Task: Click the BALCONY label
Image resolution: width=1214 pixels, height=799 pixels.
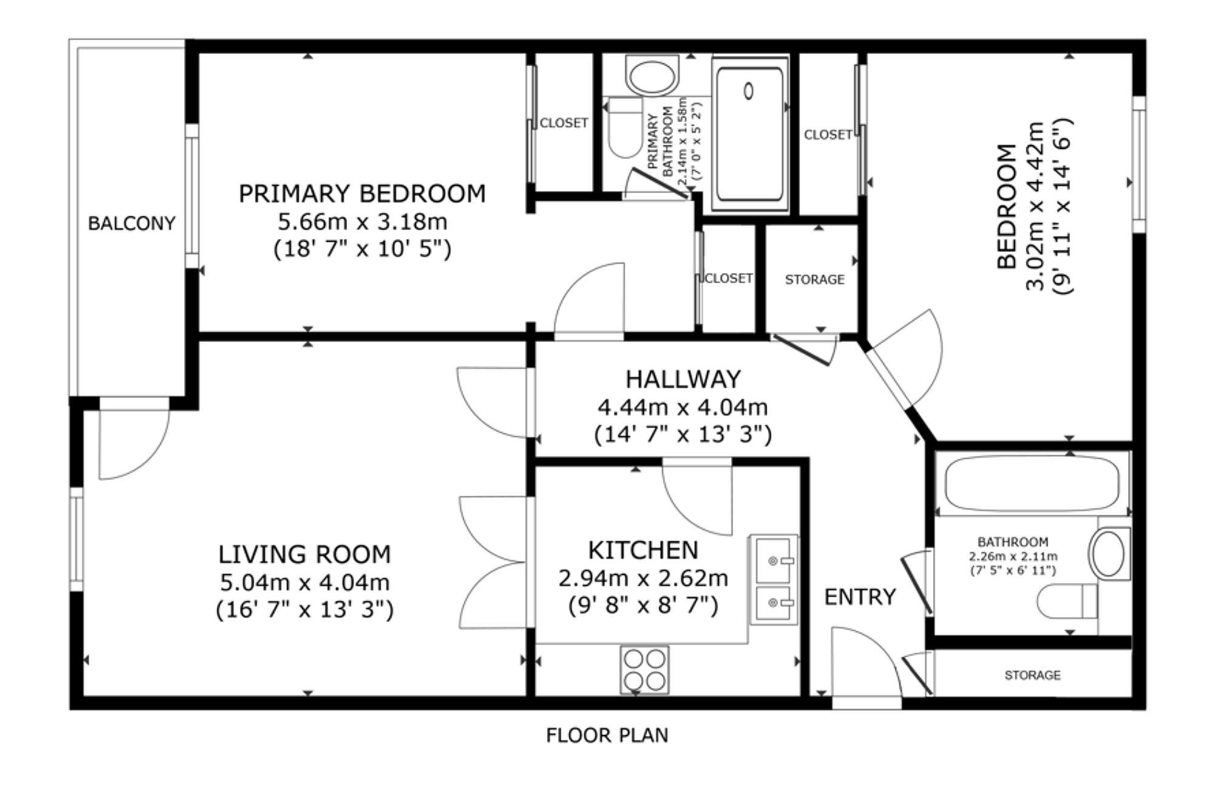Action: (x=132, y=224)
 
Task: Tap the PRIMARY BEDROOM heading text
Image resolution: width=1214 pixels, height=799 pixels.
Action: (x=362, y=194)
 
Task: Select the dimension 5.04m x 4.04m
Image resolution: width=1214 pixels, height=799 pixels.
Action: (x=304, y=583)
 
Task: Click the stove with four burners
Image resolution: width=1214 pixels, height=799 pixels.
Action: (x=645, y=670)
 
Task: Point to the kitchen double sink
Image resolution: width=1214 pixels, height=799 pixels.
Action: (x=773, y=580)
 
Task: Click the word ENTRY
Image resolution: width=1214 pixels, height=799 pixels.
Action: (x=860, y=597)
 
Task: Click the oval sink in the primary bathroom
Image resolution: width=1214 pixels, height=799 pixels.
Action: (x=651, y=77)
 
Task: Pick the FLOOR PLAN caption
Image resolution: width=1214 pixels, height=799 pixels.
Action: (x=607, y=736)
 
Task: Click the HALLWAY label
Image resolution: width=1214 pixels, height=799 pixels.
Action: (x=683, y=380)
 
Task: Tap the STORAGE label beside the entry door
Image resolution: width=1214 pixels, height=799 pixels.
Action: (x=1032, y=675)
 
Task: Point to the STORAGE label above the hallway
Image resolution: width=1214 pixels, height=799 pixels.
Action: (x=814, y=279)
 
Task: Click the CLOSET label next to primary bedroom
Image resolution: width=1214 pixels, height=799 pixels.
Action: (x=563, y=123)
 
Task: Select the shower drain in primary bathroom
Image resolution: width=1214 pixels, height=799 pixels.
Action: (x=748, y=91)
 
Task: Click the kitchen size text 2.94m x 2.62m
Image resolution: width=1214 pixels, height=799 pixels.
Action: (x=643, y=578)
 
